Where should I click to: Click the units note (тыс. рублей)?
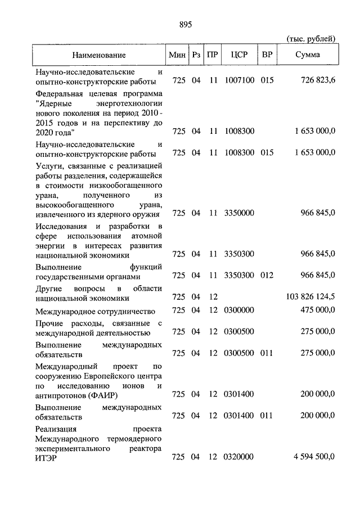(x=311, y=39)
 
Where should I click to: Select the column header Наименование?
(x=98, y=55)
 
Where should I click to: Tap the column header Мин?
(x=178, y=55)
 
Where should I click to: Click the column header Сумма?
(x=308, y=55)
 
